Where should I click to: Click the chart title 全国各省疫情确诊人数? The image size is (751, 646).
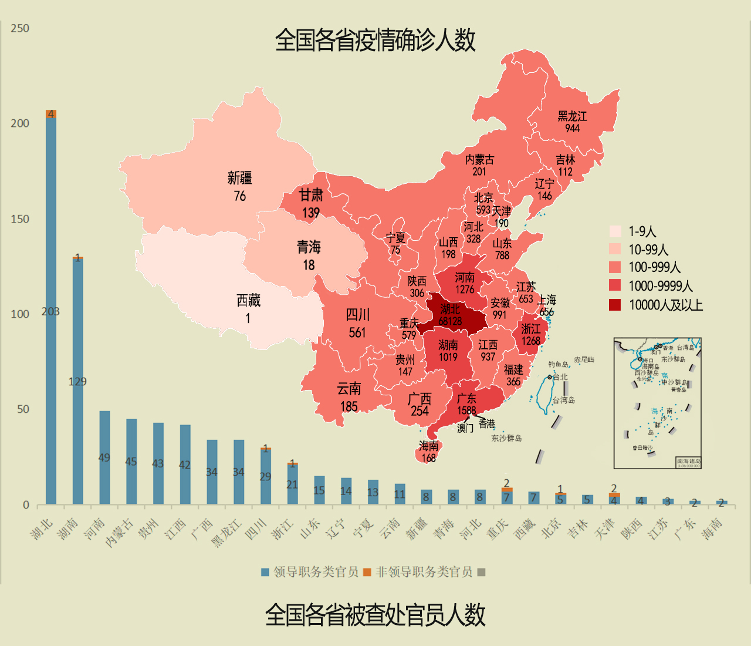click(x=375, y=41)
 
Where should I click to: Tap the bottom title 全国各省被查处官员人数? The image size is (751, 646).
click(x=375, y=615)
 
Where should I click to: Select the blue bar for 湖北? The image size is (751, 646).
click(x=51, y=311)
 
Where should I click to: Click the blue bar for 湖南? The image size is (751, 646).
click(x=77, y=382)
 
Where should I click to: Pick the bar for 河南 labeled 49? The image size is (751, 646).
click(x=104, y=457)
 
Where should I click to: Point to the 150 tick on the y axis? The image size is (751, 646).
click(x=20, y=219)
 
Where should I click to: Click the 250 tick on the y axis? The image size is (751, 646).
click(x=20, y=28)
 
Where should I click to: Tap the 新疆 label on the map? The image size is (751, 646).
click(x=239, y=178)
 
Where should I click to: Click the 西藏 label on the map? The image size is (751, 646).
click(x=248, y=301)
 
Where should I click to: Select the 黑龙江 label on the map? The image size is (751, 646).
click(x=572, y=116)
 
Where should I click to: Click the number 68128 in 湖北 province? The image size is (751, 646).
click(x=450, y=321)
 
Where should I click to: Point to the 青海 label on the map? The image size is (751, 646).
click(x=309, y=247)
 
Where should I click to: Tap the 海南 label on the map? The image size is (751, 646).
click(x=428, y=446)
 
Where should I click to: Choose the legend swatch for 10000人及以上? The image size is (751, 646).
click(x=615, y=305)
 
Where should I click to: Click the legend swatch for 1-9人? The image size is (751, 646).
click(x=615, y=231)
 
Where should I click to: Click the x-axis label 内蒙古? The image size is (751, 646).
click(x=119, y=533)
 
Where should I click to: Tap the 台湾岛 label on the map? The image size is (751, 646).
click(x=563, y=400)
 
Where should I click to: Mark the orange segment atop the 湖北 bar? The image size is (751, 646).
click(x=51, y=114)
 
